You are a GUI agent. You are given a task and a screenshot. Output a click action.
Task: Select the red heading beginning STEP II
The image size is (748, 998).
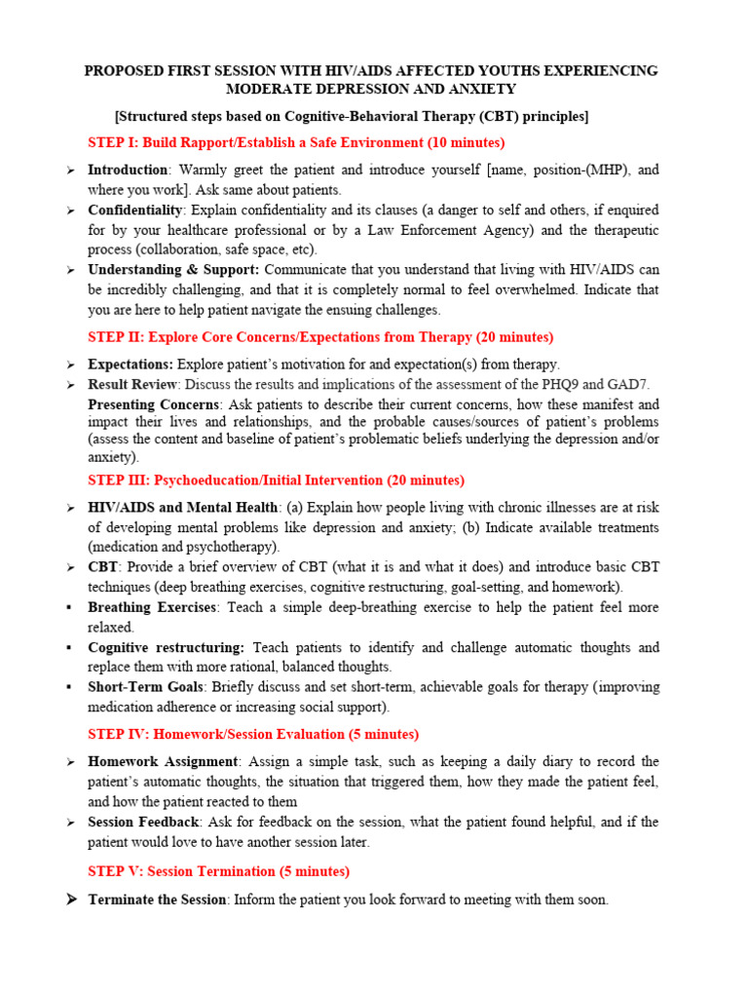[320, 337]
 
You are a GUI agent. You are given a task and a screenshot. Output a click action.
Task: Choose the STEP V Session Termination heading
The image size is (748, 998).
[218, 871]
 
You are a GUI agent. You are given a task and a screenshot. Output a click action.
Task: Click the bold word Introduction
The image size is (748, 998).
[128, 170]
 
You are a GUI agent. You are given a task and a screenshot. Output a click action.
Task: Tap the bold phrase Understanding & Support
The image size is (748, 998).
[173, 269]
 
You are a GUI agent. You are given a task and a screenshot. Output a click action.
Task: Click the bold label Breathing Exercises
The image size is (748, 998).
[151, 607]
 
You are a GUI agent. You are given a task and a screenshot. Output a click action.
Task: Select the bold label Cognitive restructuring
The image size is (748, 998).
[166, 647]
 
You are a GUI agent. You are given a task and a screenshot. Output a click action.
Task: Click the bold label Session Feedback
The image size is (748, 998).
[143, 822]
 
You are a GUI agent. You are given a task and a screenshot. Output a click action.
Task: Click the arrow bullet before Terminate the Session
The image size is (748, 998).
[71, 900]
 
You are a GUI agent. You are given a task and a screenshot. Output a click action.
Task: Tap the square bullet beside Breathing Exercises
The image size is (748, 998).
[69, 607]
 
